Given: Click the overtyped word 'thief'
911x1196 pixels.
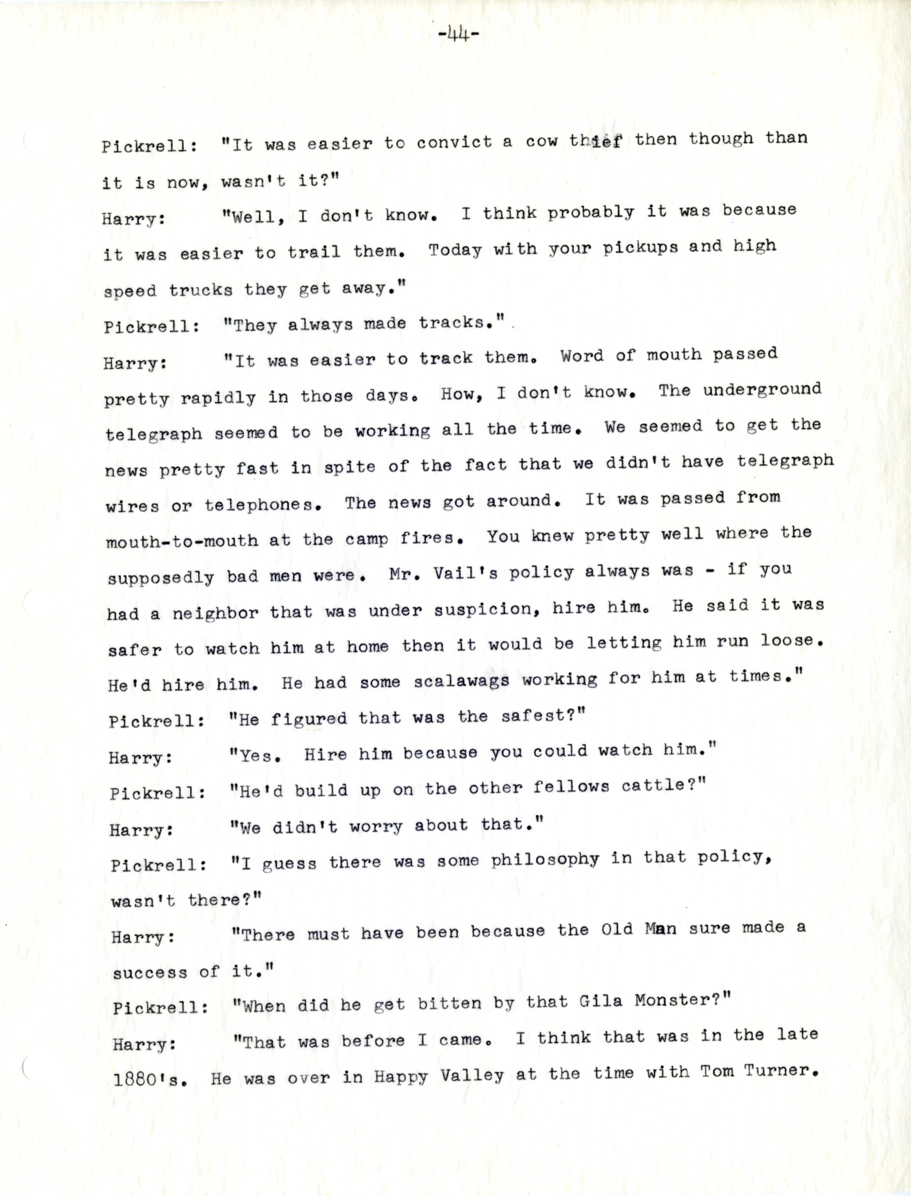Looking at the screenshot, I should pyautogui.click(x=595, y=141).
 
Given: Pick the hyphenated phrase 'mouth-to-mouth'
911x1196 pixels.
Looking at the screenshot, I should pyautogui.click(x=182, y=540).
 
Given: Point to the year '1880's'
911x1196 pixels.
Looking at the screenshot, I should pyautogui.click(x=151, y=1078).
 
